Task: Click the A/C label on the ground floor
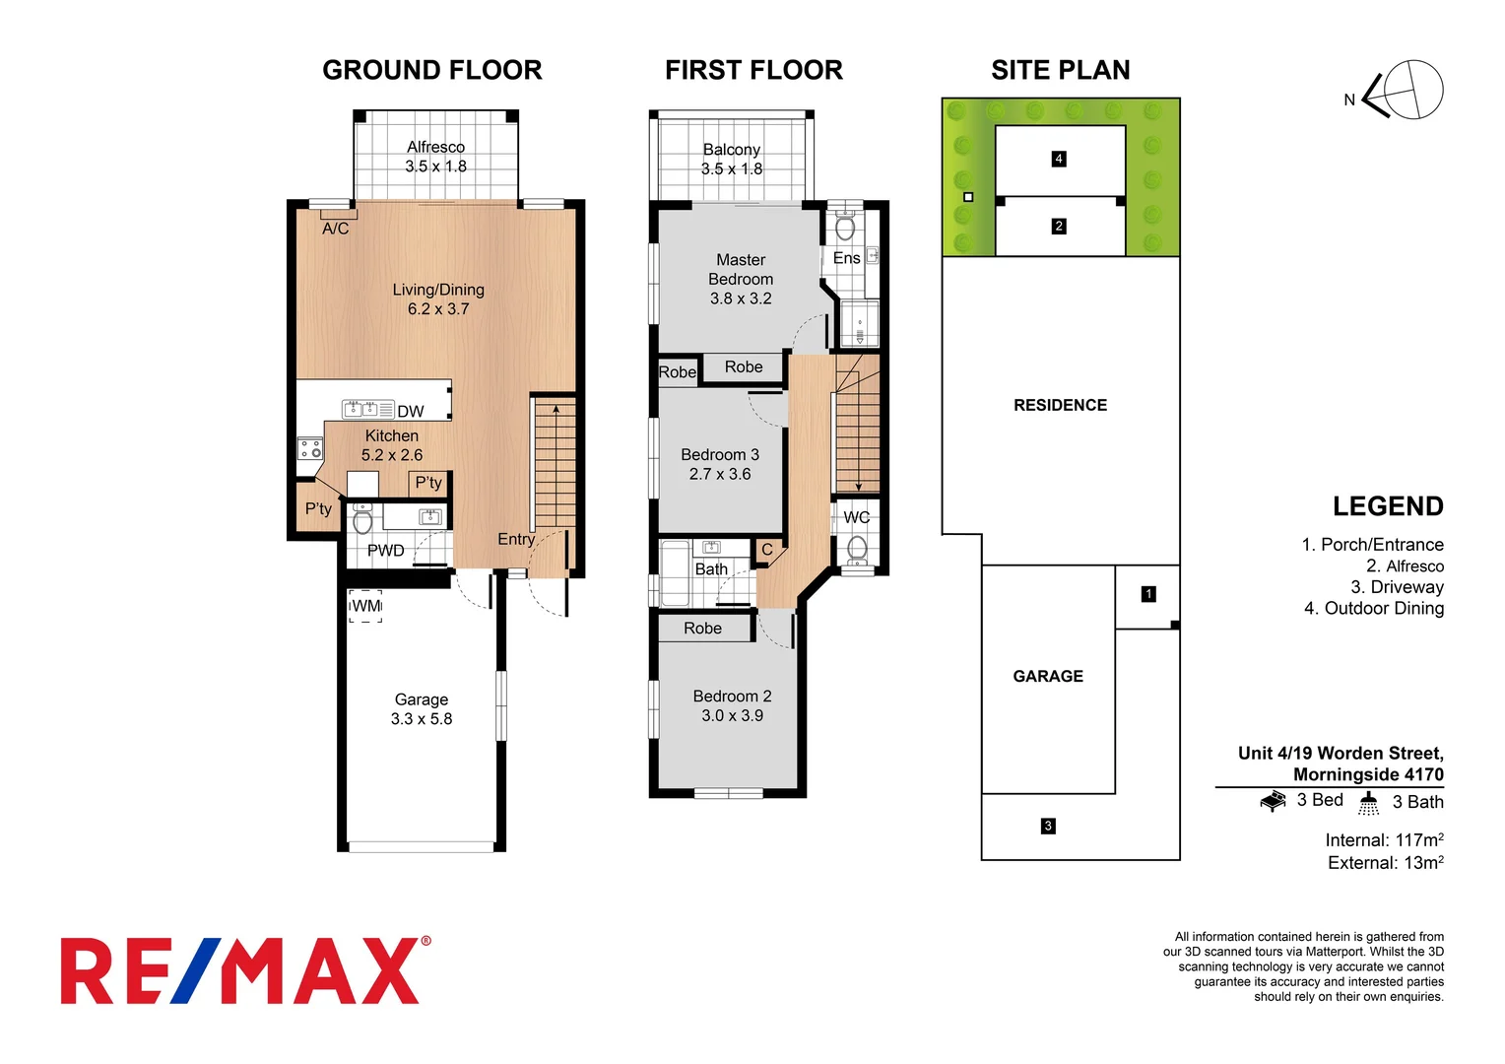tap(335, 229)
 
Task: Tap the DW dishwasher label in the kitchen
tap(411, 412)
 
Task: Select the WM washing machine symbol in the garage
tap(365, 606)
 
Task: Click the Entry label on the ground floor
tap(516, 539)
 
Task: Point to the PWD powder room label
tap(386, 551)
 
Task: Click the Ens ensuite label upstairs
tap(847, 258)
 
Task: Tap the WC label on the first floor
tap(856, 517)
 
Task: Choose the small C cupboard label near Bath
tap(767, 550)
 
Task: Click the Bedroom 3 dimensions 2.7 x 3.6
tap(720, 474)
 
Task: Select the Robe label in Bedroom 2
tap(703, 629)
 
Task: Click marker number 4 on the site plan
tap(1059, 159)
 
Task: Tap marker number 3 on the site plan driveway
tap(1048, 826)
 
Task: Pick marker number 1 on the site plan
tap(1148, 594)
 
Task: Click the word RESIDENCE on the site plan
tap(1060, 405)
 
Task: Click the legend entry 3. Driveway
tap(1397, 587)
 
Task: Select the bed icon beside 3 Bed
tap(1273, 802)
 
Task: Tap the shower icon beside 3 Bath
tap(1369, 804)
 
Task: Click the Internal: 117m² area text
tap(1384, 840)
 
